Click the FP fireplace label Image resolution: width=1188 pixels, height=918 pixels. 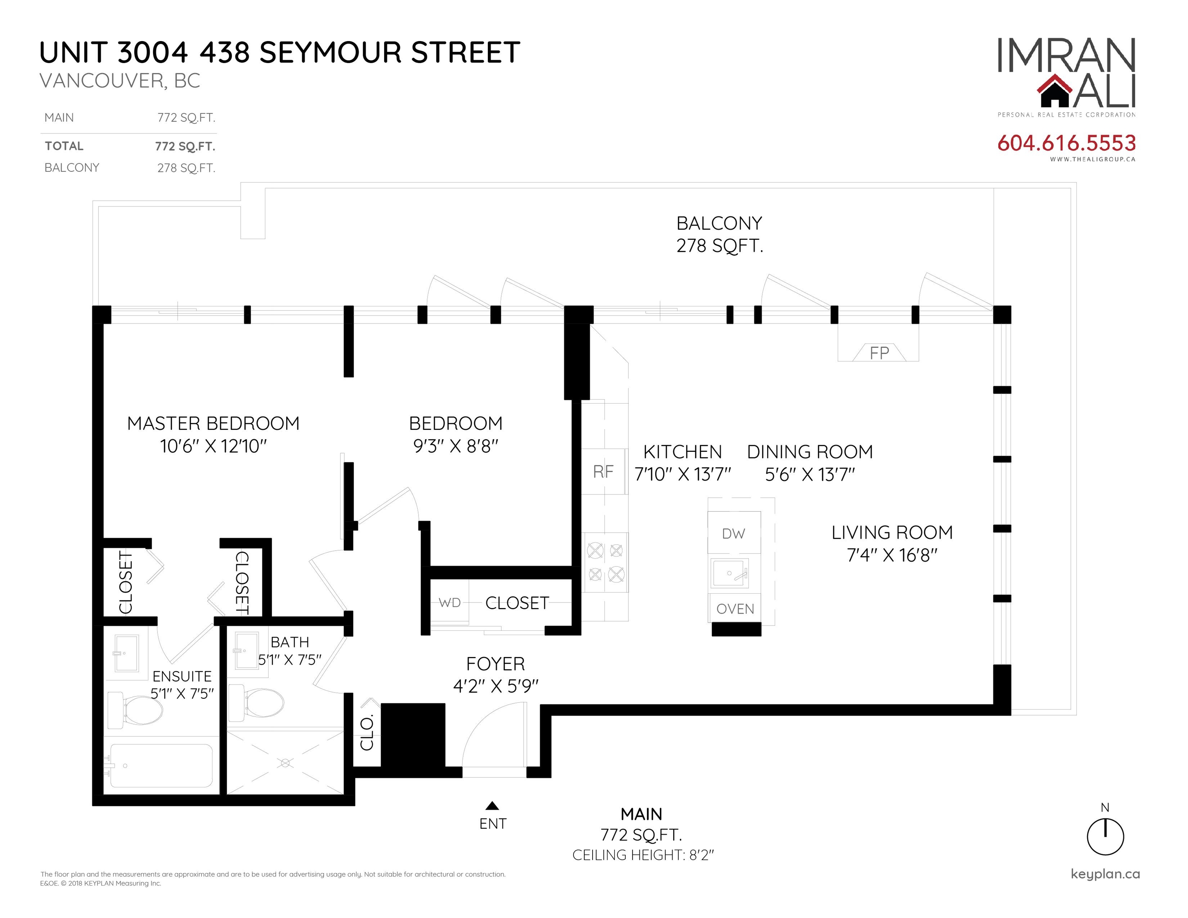879,353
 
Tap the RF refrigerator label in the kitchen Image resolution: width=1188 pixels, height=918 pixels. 603,471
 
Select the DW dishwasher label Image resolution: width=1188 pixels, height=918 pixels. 733,534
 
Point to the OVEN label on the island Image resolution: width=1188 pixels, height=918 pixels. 735,609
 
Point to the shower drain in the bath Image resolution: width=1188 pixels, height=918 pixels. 285,763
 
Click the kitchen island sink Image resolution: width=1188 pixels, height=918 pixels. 729,573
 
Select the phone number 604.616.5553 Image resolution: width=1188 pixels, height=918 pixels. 1066,143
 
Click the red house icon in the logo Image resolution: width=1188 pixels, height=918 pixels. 1054,92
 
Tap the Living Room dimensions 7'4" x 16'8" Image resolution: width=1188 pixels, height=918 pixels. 892,555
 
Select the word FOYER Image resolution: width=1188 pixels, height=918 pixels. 495,664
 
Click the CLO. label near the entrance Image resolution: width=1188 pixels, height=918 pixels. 367,734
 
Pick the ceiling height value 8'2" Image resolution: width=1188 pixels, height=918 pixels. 701,855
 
